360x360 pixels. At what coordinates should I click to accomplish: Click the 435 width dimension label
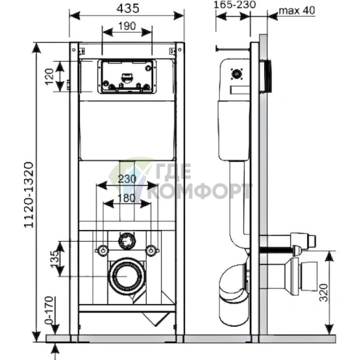[x=128, y=9]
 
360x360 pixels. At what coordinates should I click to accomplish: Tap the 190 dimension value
[x=127, y=26]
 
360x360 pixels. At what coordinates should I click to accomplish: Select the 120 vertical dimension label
[x=49, y=76]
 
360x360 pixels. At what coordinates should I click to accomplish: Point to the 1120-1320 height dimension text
[x=28, y=195]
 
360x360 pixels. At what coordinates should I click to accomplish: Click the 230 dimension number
[x=127, y=179]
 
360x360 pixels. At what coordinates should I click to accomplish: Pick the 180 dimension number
[x=127, y=198]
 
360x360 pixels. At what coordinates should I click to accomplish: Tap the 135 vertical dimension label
[x=55, y=259]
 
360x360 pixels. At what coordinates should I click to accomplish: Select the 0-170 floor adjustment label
[x=49, y=310]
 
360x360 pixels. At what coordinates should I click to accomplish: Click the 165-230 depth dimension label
[x=235, y=5]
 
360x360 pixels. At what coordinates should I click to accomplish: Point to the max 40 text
[x=297, y=10]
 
